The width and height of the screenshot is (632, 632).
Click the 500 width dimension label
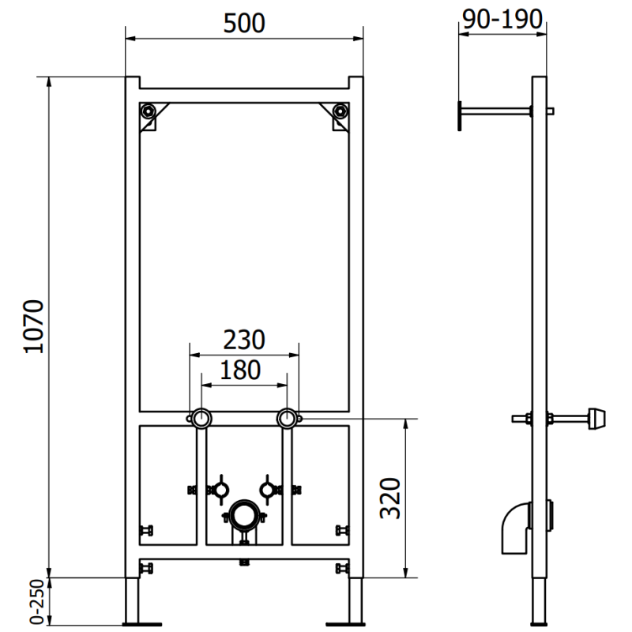(244, 23)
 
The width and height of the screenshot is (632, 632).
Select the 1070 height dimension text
(32, 326)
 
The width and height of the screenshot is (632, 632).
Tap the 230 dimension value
(243, 340)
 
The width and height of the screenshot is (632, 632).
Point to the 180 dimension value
(242, 370)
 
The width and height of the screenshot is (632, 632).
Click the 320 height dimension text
(389, 497)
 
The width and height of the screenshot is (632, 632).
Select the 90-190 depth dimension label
(503, 19)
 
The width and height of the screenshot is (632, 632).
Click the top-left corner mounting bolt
(148, 111)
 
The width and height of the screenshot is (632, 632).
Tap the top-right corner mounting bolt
(340, 111)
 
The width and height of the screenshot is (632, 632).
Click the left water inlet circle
(201, 418)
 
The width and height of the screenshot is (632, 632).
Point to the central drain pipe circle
(244, 517)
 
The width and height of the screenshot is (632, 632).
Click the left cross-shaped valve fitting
(218, 488)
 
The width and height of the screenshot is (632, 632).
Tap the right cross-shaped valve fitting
(269, 488)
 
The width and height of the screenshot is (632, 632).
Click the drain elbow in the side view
(514, 525)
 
